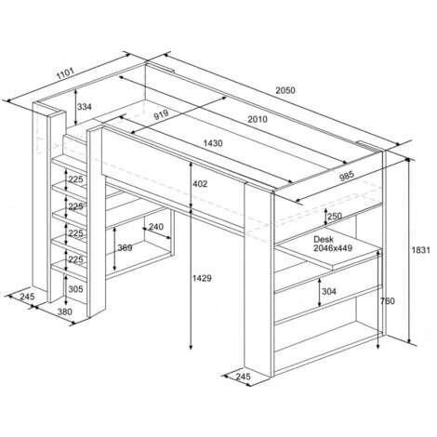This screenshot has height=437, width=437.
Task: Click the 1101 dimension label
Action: [x=65, y=73]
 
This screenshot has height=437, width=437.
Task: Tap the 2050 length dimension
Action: [x=285, y=90]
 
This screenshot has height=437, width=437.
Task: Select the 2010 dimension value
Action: [x=258, y=119]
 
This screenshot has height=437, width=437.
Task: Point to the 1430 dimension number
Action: [x=213, y=143]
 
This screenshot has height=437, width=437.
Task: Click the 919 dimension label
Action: [x=161, y=114]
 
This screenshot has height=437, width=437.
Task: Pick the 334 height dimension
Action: [x=85, y=107]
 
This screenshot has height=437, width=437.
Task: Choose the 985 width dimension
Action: [x=347, y=176]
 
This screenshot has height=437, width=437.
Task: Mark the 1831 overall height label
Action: [x=420, y=250]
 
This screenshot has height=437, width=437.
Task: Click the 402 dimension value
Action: [x=200, y=184]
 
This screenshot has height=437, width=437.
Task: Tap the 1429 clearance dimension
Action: [x=202, y=278]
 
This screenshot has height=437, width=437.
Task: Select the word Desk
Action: [x=324, y=239]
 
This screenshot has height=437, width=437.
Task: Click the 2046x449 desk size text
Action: [x=333, y=248]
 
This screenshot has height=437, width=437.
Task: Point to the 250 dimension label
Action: [x=335, y=216]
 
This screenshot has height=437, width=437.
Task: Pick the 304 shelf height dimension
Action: [x=329, y=291]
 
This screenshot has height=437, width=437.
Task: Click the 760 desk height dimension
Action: [x=388, y=301]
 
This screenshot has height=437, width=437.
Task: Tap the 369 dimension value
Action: [x=125, y=248]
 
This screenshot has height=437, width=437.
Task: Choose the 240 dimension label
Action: [x=156, y=227]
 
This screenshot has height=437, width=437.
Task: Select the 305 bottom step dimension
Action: [x=76, y=289]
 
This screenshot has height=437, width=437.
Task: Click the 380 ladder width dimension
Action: [x=65, y=311]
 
